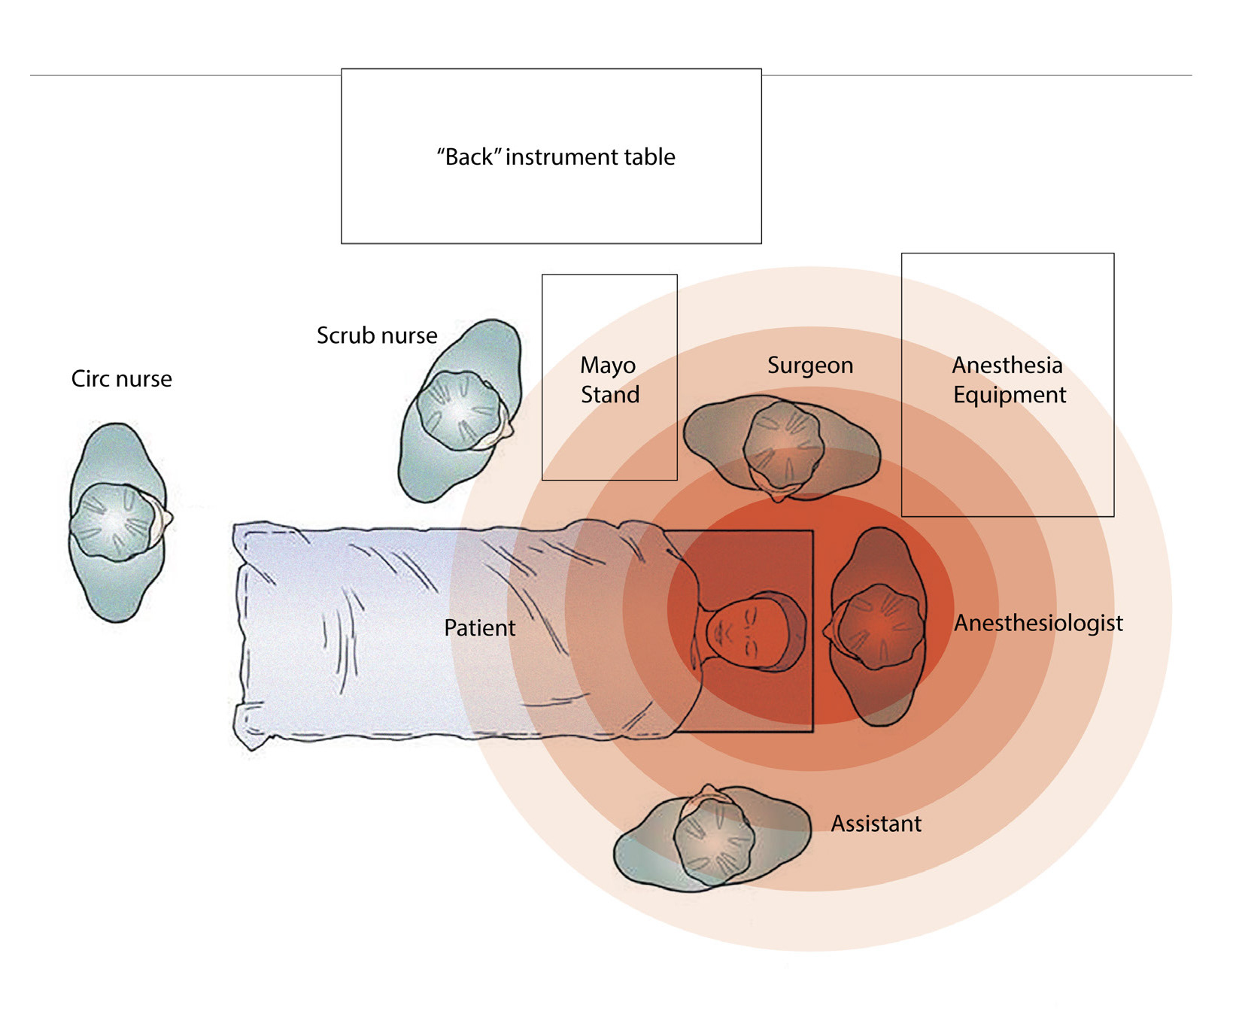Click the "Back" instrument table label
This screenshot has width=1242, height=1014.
pos(556,157)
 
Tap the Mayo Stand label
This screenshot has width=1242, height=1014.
pos(609,380)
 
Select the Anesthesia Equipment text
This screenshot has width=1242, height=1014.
pos(1008,380)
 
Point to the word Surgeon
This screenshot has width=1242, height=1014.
pos(810,366)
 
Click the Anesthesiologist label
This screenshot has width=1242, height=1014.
pos(1038,623)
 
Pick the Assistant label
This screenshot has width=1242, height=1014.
pos(876,824)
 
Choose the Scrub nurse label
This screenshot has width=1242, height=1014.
pos(377,335)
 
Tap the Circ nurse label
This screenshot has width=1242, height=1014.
pos(121,378)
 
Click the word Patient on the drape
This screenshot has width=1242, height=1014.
pos(479,628)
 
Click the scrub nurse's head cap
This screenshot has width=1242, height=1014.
pos(460,411)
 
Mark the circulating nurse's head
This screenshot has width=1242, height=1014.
pos(114,521)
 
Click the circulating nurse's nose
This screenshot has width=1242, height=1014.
pos(169,519)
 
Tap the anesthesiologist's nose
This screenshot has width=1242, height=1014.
pos(827,630)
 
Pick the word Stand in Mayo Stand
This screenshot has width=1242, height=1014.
pos(610,395)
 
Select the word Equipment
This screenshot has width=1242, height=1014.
pos(1010,395)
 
